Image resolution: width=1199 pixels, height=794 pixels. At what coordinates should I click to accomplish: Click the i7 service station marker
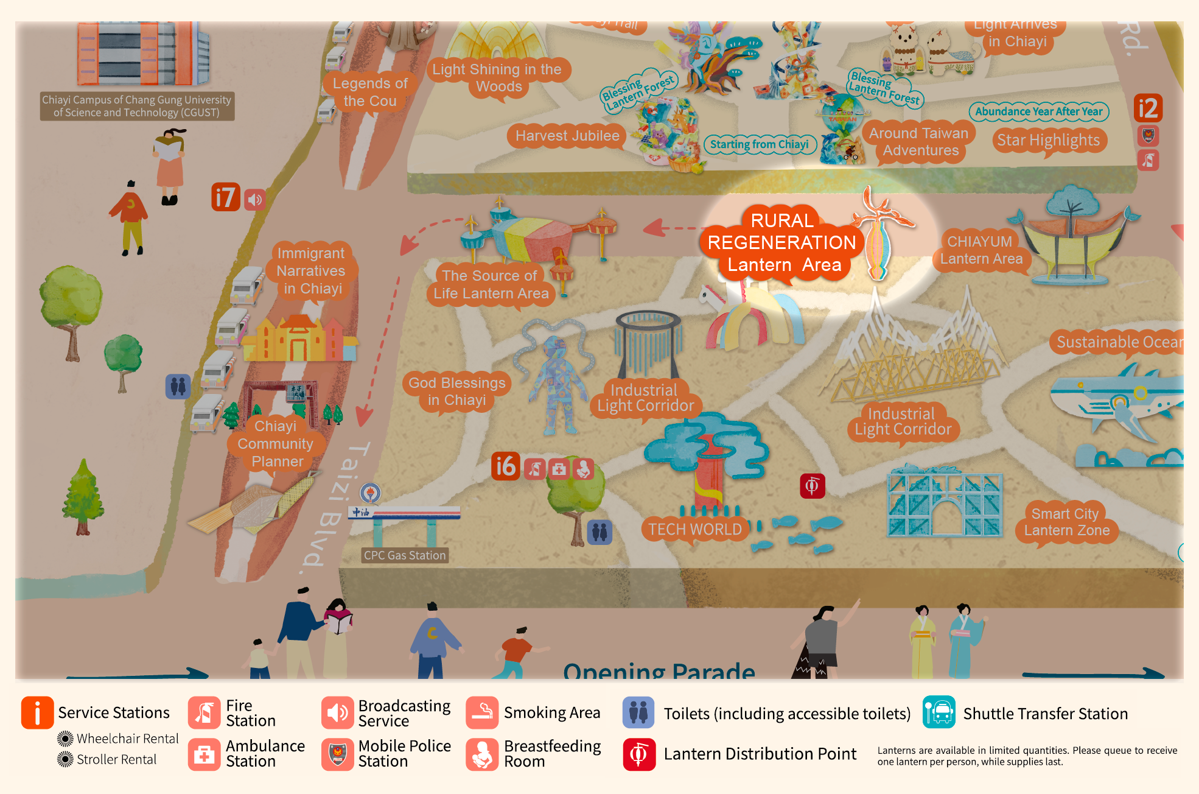(x=225, y=197)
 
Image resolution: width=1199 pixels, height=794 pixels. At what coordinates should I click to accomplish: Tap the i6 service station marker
(x=505, y=466)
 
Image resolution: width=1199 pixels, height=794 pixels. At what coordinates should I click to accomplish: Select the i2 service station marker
(x=1148, y=108)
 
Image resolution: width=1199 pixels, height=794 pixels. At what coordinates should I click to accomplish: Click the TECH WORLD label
(x=694, y=529)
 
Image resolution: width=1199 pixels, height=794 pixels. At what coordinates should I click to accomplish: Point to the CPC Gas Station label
(x=405, y=555)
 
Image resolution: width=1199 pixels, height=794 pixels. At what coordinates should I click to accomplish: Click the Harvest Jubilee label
(x=567, y=136)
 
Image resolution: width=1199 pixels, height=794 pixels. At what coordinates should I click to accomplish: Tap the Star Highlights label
(x=1048, y=141)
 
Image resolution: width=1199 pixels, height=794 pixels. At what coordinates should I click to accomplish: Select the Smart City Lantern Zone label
(x=1066, y=522)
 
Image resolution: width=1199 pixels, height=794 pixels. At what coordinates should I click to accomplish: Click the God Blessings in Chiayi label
(x=456, y=392)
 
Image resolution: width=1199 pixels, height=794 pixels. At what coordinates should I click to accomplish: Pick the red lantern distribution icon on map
(x=812, y=486)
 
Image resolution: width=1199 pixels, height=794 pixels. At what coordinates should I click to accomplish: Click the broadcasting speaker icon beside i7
(x=255, y=199)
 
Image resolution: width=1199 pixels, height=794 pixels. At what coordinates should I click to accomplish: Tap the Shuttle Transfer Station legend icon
(x=939, y=712)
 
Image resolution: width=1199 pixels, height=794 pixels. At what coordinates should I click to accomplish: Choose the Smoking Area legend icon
(x=482, y=712)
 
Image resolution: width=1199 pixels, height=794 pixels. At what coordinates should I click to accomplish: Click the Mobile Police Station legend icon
(x=337, y=754)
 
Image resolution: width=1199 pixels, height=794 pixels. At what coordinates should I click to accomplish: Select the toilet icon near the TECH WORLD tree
(x=599, y=532)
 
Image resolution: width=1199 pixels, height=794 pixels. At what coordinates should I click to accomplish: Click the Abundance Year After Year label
(x=1038, y=111)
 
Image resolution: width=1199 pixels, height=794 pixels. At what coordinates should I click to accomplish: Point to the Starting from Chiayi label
(x=759, y=144)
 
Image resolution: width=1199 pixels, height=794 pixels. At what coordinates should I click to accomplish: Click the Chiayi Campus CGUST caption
(x=136, y=106)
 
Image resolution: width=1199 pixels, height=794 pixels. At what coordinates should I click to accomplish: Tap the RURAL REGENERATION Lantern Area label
(x=781, y=243)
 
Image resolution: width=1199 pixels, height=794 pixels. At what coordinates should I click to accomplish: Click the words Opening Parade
(x=659, y=671)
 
